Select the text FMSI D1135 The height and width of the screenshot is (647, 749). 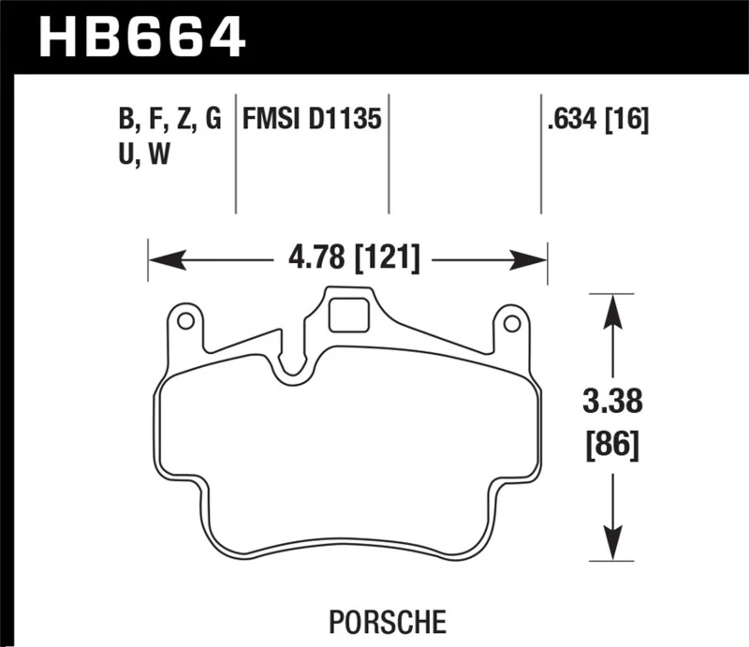[312, 120]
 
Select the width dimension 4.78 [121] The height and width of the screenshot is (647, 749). [347, 257]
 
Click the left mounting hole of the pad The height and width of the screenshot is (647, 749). [185, 322]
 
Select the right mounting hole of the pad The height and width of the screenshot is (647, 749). [511, 323]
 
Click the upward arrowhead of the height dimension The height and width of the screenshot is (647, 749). [612, 306]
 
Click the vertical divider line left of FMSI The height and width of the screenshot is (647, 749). [235, 154]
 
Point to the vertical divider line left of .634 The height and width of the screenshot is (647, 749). [541, 154]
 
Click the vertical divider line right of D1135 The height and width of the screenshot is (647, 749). [389, 154]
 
